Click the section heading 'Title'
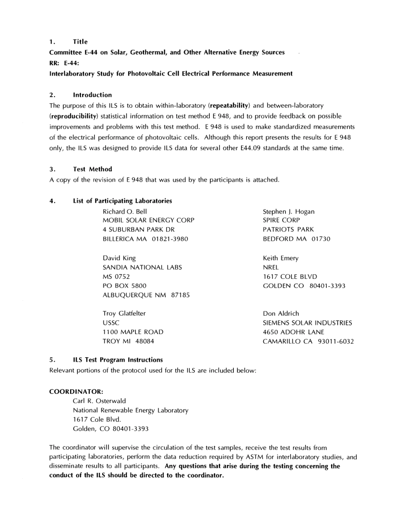coord(80,41)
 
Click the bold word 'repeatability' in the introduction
coord(229,105)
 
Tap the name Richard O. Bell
coord(125,211)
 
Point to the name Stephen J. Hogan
coord(288,211)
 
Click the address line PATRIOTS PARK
coord(288,229)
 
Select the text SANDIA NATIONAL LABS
coord(142,267)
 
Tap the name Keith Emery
coord(281,258)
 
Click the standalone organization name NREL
coord(271,267)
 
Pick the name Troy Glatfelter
coord(124,313)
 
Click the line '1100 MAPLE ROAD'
coord(133,332)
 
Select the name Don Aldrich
coord(281,313)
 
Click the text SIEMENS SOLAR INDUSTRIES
coord(307,323)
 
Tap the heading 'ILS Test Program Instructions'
coord(118,360)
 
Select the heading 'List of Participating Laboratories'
coord(122,201)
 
